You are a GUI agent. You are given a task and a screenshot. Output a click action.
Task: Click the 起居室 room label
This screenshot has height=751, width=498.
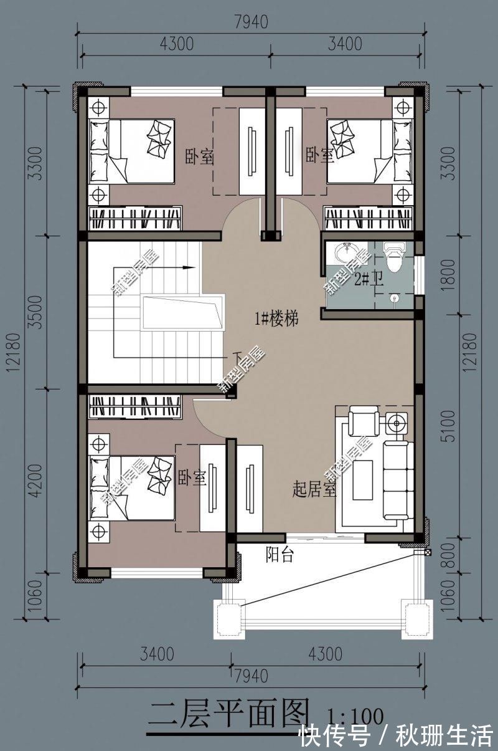point(314,490)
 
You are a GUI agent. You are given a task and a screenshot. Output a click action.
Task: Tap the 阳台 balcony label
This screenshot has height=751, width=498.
point(280,555)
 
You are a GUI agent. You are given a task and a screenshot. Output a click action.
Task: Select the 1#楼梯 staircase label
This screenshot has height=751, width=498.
point(276,319)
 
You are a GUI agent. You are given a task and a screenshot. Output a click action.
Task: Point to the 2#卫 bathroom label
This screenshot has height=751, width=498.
point(368,280)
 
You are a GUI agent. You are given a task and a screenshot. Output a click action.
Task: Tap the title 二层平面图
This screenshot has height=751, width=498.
point(228,714)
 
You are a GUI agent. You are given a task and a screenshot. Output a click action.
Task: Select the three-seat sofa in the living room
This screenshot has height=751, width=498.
point(397,480)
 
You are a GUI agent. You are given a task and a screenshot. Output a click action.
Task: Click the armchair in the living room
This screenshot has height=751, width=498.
point(363,421)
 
